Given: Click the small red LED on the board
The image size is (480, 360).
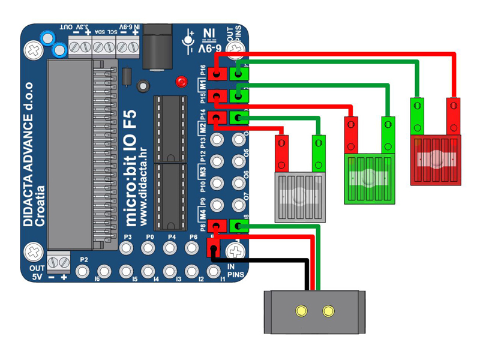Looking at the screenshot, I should coord(180,81).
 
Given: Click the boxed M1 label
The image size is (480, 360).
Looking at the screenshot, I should coord(203,85).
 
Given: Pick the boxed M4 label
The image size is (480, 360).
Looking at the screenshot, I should coord(203,213).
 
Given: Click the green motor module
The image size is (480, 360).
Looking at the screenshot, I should coord(369,179).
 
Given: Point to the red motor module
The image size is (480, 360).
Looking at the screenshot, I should coord(436,160).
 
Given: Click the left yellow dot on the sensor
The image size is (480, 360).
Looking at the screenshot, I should coord(300,311).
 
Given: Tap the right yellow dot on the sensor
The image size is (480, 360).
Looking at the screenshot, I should coord(328,311).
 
